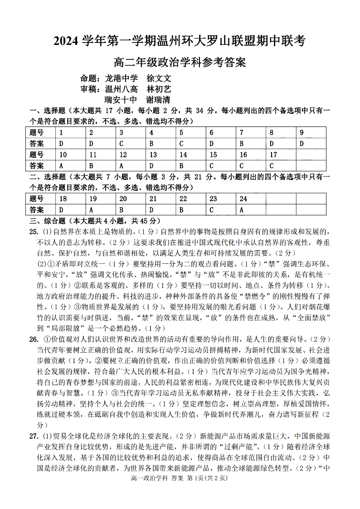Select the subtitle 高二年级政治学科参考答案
tap(180, 62)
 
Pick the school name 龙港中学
tap(121, 78)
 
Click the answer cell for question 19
tap(101, 210)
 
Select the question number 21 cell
tap(161, 199)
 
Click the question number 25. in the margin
tap(34, 232)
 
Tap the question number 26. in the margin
tap(34, 339)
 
